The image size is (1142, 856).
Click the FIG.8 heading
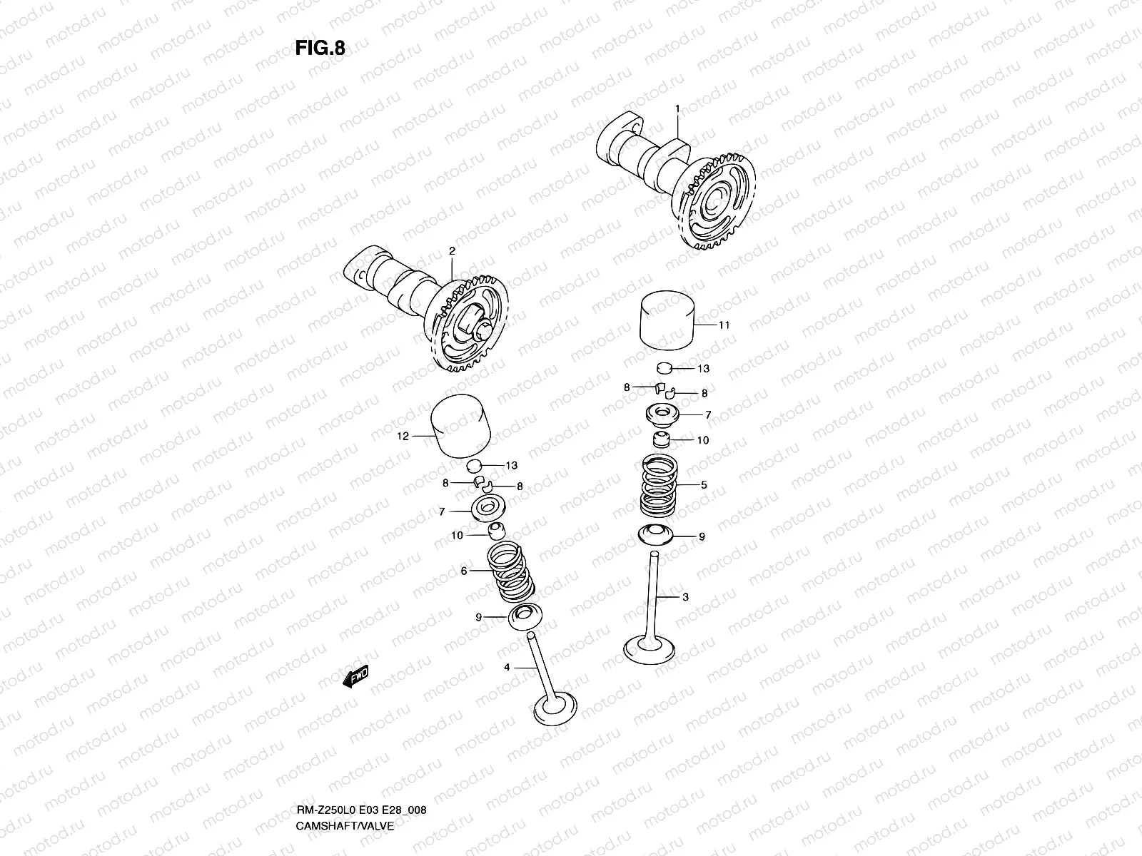320,48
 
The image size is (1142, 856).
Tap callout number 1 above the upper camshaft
677,108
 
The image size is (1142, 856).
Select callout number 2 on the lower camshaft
452,251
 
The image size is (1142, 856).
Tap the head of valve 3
655,648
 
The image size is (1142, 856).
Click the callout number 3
686,597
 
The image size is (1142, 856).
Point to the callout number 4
507,668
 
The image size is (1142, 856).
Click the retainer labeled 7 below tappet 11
665,414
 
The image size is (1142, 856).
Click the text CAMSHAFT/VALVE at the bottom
345,765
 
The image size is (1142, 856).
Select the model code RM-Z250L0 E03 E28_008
361,751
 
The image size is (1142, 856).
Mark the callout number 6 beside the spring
464,571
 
